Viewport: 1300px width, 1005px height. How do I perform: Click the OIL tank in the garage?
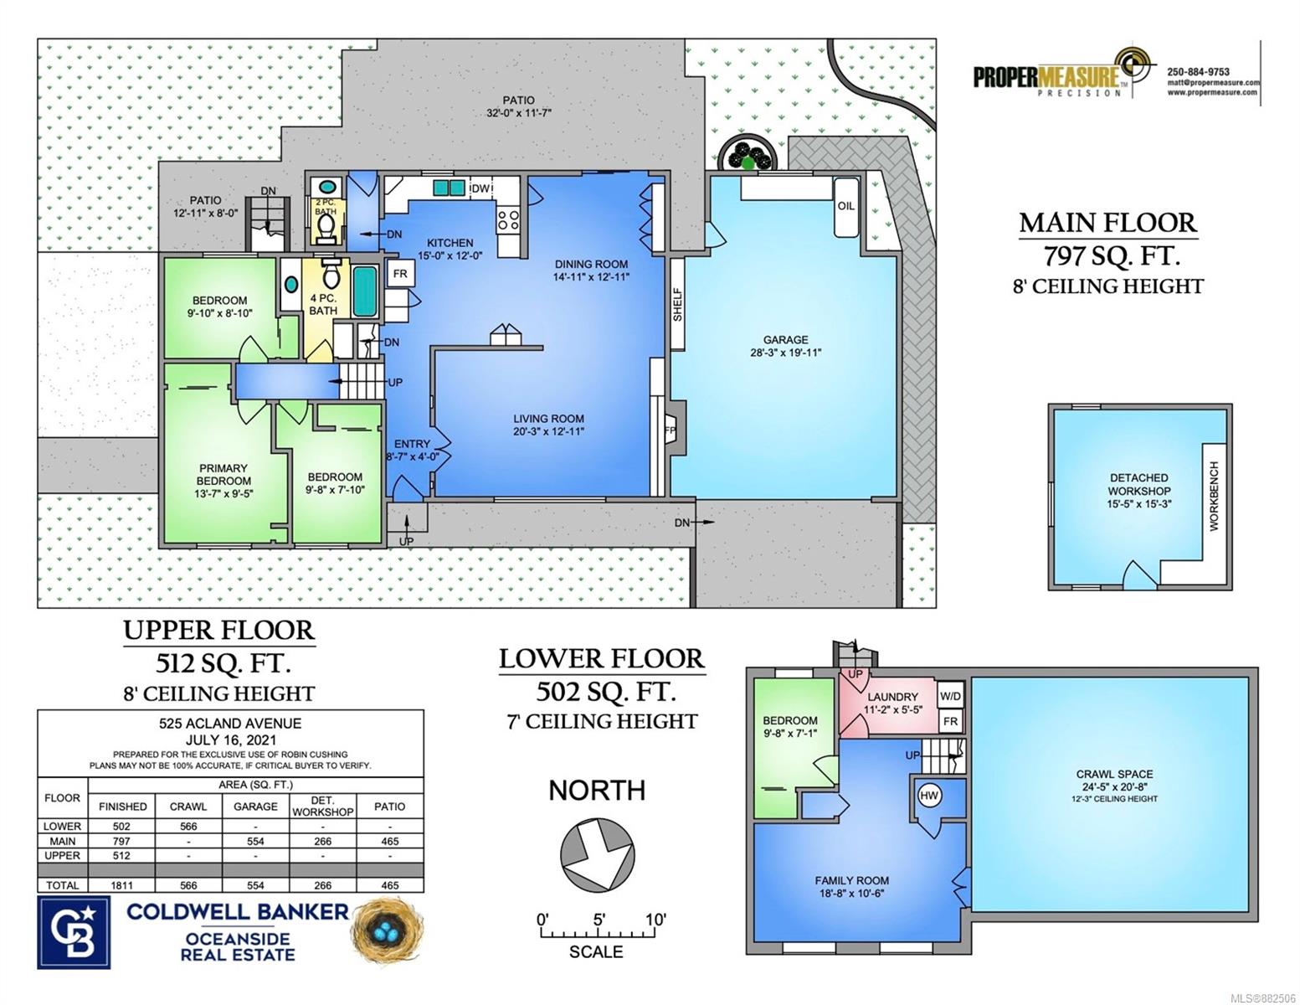[x=846, y=207]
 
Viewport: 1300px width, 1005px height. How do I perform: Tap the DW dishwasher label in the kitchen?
[x=480, y=188]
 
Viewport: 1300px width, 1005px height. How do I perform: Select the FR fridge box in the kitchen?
[x=399, y=274]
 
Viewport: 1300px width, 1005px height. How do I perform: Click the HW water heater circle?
[x=928, y=796]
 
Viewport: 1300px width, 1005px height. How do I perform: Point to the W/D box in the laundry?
[x=950, y=696]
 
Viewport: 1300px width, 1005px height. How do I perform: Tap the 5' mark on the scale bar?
[x=599, y=920]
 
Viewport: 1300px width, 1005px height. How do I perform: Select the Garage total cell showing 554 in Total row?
[x=255, y=884]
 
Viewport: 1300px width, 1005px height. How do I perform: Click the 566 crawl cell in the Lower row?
[x=188, y=826]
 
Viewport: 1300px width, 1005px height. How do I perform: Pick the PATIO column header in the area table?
[x=389, y=807]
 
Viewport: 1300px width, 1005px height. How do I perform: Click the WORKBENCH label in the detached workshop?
[x=1213, y=496]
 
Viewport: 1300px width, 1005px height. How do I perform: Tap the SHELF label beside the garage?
[x=677, y=305]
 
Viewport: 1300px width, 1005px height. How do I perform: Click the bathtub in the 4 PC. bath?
[x=364, y=291]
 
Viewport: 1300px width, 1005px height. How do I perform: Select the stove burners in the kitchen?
[x=508, y=219]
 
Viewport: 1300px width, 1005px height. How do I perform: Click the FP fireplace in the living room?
[x=672, y=429]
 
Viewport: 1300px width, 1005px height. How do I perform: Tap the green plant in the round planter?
[x=747, y=162]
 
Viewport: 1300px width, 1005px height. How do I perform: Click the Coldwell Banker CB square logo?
[x=74, y=932]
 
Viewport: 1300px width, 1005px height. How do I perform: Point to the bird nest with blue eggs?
[x=388, y=930]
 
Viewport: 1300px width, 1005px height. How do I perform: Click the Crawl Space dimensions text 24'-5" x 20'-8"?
[x=1114, y=787]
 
